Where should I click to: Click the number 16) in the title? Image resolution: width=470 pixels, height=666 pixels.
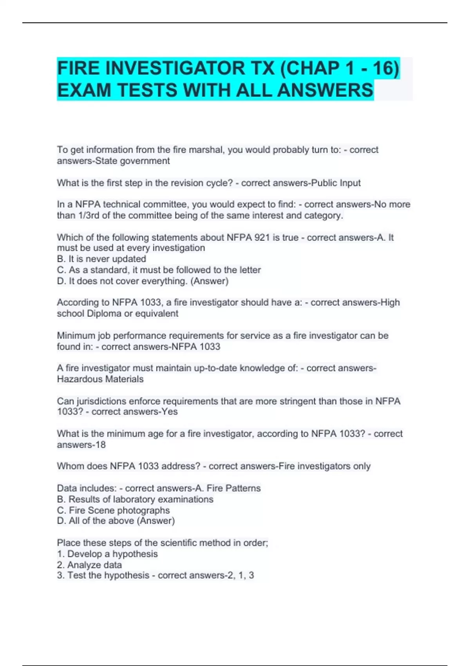[386, 68]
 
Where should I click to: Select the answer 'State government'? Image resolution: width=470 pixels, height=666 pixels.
[133, 161]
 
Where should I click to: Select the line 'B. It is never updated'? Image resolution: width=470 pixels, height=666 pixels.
[101, 259]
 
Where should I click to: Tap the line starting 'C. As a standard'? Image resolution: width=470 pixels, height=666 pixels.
[159, 270]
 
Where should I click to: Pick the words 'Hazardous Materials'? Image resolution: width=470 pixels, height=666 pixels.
[100, 379]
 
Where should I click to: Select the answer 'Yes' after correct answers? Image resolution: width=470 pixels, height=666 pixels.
[170, 412]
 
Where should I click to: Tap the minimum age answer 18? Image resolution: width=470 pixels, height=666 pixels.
[101, 445]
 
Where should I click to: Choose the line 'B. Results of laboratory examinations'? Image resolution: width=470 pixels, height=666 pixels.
[135, 499]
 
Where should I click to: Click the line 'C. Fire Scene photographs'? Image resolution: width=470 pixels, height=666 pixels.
[113, 510]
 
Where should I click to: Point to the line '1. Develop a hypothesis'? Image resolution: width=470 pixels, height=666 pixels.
[107, 554]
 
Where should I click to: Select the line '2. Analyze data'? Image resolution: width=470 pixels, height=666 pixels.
[89, 565]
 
